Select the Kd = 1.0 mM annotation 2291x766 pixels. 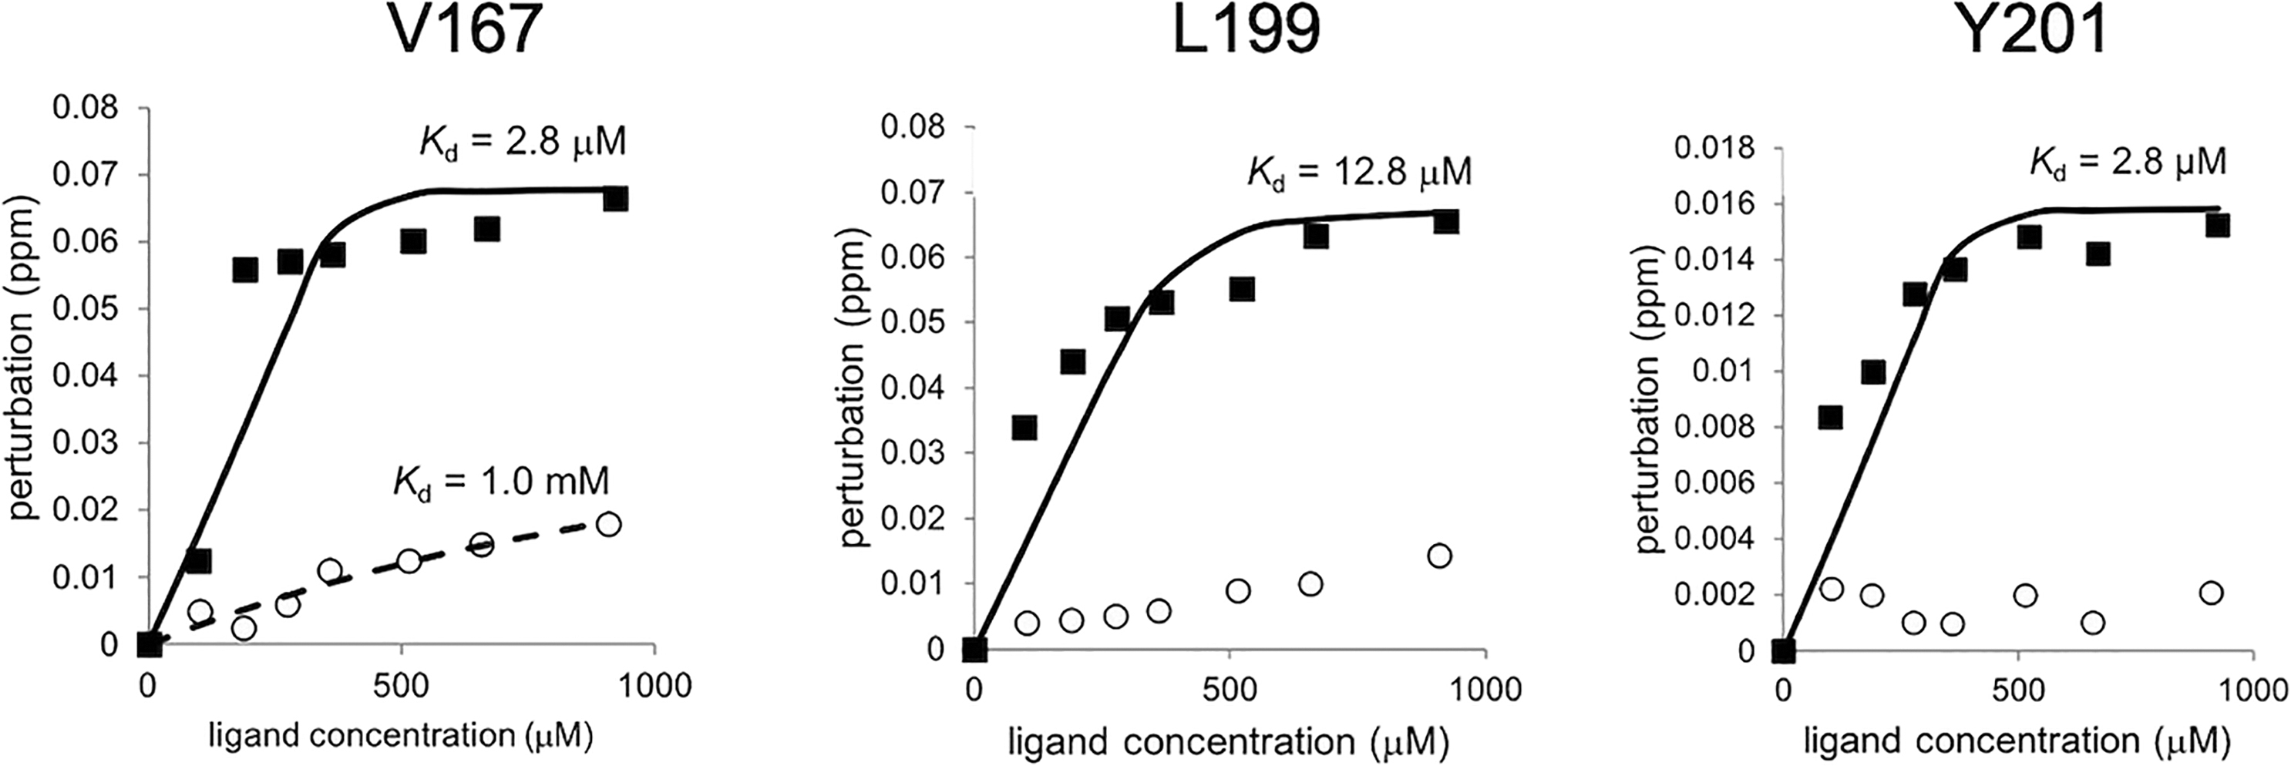click(x=501, y=482)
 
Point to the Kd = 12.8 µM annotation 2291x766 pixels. click(x=1359, y=170)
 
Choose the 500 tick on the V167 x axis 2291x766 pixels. click(x=401, y=686)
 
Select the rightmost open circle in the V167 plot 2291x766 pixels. click(x=608, y=523)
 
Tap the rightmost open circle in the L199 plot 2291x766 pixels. click(x=1439, y=556)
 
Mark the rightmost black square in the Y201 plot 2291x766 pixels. click(x=2210, y=225)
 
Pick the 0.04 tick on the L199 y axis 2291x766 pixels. click(x=910, y=388)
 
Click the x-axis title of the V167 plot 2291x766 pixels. click(x=400, y=736)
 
